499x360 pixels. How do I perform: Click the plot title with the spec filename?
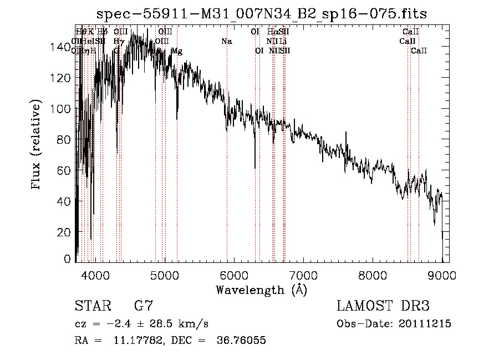pos(262,13)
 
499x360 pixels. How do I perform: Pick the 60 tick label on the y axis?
pos(64,171)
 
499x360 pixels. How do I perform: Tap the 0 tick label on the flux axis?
pos(68,259)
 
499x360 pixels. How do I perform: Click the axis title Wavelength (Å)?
pos(262,290)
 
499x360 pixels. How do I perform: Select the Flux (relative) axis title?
pos(37,145)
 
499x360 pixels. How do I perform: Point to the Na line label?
pos(226,41)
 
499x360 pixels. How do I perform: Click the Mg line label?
pos(177,51)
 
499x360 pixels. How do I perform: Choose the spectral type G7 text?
pos(144,306)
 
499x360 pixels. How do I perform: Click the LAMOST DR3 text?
pos(383,306)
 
